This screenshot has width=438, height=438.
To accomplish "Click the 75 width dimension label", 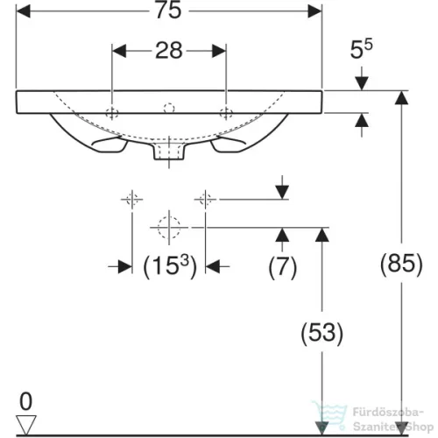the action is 168,11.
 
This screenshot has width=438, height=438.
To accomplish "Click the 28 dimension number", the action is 169,51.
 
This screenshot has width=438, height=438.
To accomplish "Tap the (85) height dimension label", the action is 401,264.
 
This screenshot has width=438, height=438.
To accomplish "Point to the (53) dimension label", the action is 322,333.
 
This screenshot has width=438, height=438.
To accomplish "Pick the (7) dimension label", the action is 283,266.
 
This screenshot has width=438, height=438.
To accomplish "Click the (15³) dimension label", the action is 170,265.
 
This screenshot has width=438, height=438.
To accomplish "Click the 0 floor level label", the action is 25,401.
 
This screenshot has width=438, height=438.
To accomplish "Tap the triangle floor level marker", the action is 26,425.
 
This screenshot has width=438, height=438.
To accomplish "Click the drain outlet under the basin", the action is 169,152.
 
